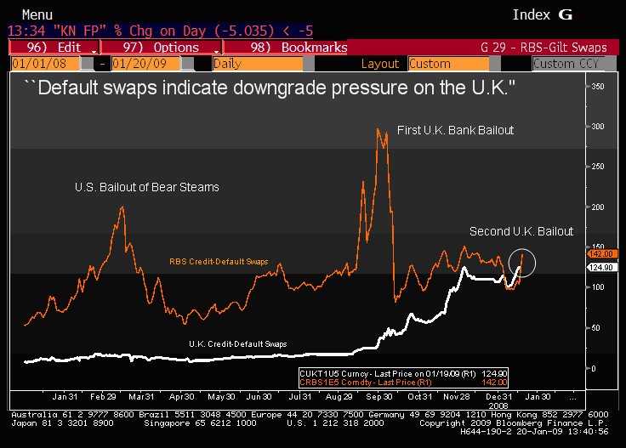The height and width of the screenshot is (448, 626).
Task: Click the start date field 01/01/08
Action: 44,64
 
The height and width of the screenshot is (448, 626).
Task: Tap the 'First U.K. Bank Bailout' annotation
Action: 456,130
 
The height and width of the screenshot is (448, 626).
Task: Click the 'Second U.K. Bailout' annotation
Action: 521,231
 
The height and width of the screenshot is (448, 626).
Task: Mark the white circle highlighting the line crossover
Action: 521,263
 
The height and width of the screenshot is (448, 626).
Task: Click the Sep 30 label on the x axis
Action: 379,397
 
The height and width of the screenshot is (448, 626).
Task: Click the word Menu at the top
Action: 35,14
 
